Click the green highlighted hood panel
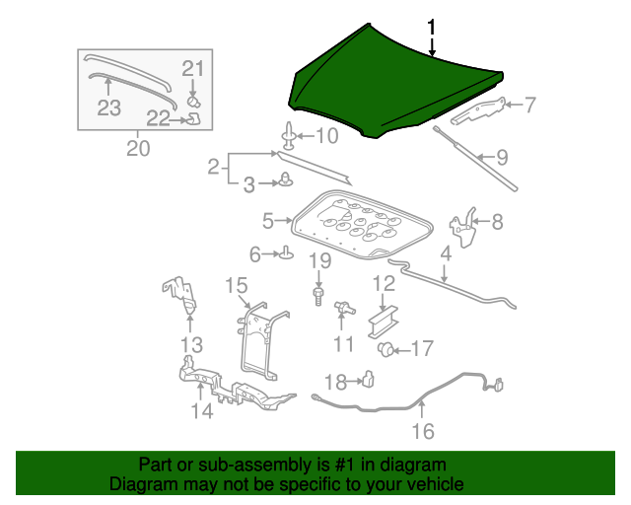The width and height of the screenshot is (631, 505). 385,84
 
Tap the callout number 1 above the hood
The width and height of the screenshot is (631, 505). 430,27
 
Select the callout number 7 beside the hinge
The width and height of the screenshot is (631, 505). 529,105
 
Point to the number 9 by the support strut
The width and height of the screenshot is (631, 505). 501,156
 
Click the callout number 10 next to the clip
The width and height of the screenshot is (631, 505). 325,135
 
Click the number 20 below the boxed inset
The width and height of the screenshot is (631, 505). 138,148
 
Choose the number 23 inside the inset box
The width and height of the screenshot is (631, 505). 108,106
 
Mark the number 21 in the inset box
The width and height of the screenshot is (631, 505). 192,69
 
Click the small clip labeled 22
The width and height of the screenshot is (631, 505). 194,119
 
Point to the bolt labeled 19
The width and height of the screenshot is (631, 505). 318,294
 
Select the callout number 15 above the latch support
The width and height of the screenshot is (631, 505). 236,285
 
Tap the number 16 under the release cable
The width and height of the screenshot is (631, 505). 422,431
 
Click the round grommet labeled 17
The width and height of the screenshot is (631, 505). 387,348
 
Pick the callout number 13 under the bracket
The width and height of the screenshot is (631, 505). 191,344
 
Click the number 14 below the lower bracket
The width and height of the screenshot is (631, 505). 201,410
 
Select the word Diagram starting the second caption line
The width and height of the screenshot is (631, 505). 141,484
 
